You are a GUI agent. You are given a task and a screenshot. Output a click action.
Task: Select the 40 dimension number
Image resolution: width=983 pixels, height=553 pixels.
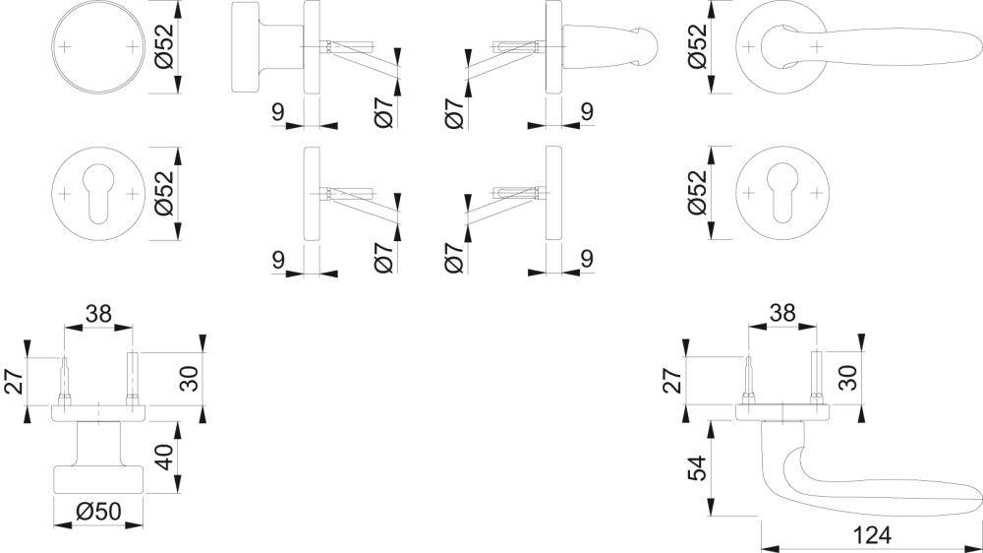pos(163,458)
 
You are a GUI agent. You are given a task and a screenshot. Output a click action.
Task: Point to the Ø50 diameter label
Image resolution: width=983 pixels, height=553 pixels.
pos(96,512)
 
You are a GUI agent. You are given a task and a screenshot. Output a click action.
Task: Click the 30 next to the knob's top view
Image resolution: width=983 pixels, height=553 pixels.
pos(190,379)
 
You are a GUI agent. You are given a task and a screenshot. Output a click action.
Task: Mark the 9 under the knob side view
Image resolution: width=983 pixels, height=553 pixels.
pos(278,112)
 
